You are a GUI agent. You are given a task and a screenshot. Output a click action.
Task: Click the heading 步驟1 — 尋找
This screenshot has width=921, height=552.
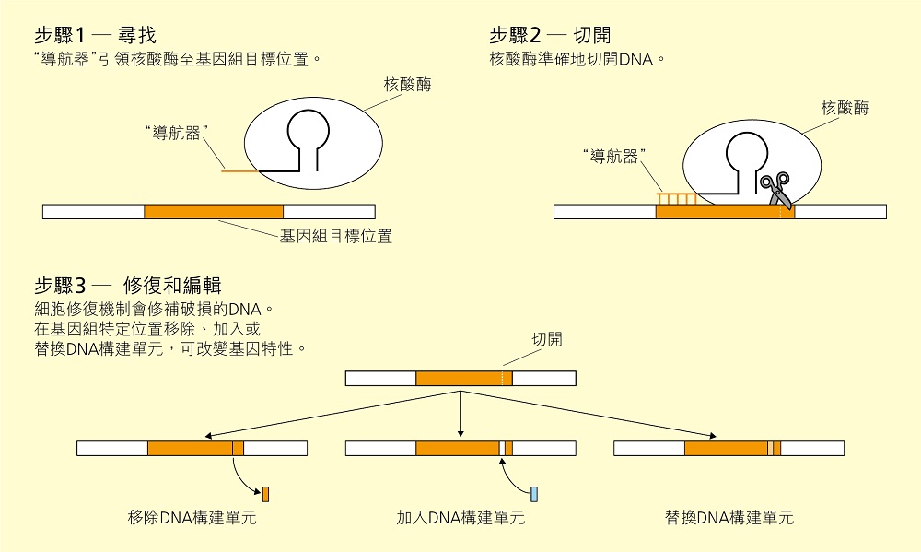click(95, 35)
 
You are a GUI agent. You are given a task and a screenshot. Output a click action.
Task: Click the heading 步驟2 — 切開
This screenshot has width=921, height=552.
click(550, 35)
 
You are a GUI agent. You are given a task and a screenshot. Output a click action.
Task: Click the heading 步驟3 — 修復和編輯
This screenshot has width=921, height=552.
click(128, 285)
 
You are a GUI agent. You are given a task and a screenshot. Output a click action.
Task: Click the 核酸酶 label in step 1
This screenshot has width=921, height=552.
click(408, 85)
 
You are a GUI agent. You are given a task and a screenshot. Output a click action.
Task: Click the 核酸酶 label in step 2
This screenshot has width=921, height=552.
click(845, 109)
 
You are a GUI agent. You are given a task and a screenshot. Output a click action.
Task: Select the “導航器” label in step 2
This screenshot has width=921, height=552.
click(615, 157)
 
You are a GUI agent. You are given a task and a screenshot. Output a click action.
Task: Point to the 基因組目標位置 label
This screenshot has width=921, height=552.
click(336, 237)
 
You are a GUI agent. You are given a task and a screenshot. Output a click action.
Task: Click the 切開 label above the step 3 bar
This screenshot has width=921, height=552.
click(546, 339)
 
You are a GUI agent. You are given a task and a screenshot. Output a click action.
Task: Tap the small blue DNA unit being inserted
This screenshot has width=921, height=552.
click(534, 493)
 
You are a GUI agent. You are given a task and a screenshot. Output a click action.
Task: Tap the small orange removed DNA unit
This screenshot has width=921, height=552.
click(266, 493)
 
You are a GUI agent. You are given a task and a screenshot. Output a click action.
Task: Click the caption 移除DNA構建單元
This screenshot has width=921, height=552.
click(192, 518)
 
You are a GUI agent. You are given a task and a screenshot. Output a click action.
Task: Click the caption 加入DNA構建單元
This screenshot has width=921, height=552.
click(460, 518)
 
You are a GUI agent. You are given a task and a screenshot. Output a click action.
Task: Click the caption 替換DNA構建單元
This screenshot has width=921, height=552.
click(729, 518)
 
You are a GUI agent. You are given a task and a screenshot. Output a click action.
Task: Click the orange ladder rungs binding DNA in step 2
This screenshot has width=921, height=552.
click(676, 197)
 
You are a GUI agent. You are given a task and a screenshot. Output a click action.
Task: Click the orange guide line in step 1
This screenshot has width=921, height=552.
click(238, 170)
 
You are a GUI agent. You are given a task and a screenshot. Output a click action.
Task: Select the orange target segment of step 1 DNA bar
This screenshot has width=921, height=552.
click(214, 211)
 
